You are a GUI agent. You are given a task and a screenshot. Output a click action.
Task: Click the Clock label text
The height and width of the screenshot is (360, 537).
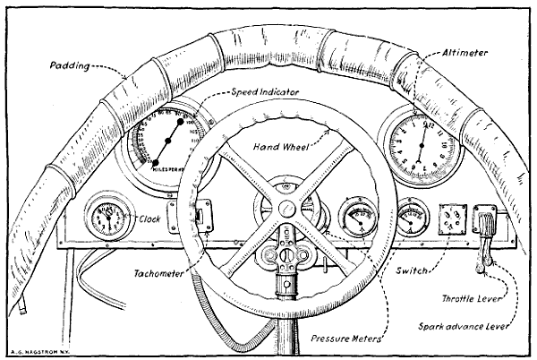pyautogui.click(x=149, y=217)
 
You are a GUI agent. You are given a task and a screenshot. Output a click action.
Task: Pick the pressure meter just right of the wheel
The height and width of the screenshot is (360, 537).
pyautogui.click(x=358, y=218)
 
